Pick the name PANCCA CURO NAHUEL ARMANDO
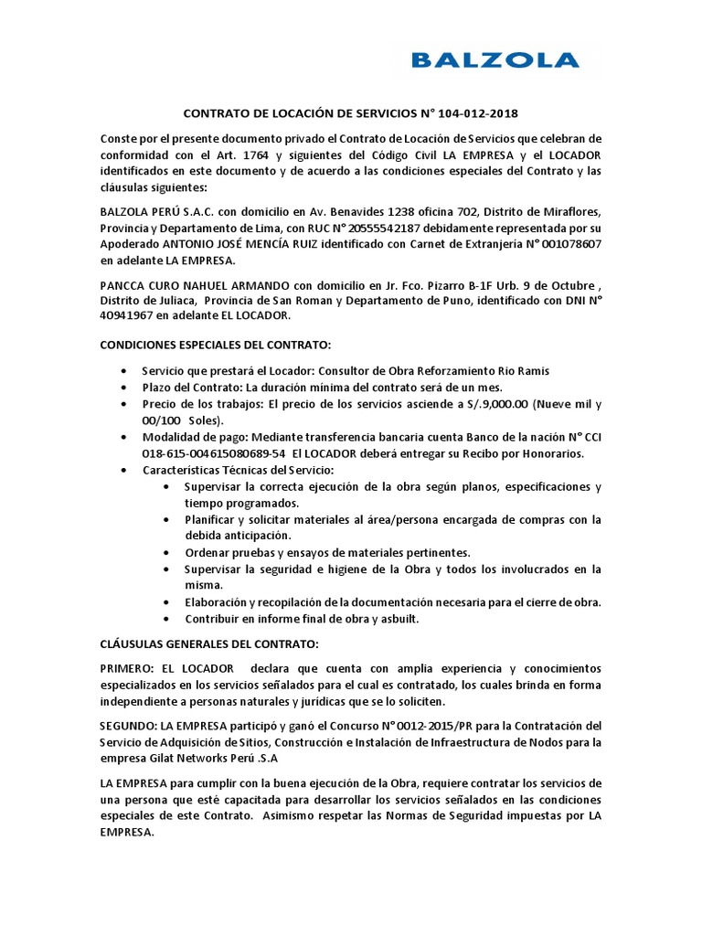(x=189, y=284)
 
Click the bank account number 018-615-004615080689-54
(x=214, y=454)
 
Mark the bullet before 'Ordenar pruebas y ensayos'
(x=165, y=553)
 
